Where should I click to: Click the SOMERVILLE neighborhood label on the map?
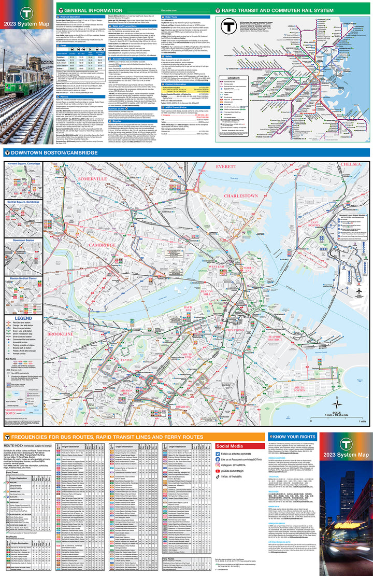(x=93, y=178)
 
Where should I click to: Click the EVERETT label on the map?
(x=225, y=167)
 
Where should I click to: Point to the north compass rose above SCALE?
(x=337, y=401)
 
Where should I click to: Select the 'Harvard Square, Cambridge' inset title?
(x=24, y=164)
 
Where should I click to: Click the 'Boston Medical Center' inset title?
(x=23, y=279)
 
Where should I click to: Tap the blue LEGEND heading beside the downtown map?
(x=23, y=318)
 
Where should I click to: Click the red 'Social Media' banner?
(x=229, y=446)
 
